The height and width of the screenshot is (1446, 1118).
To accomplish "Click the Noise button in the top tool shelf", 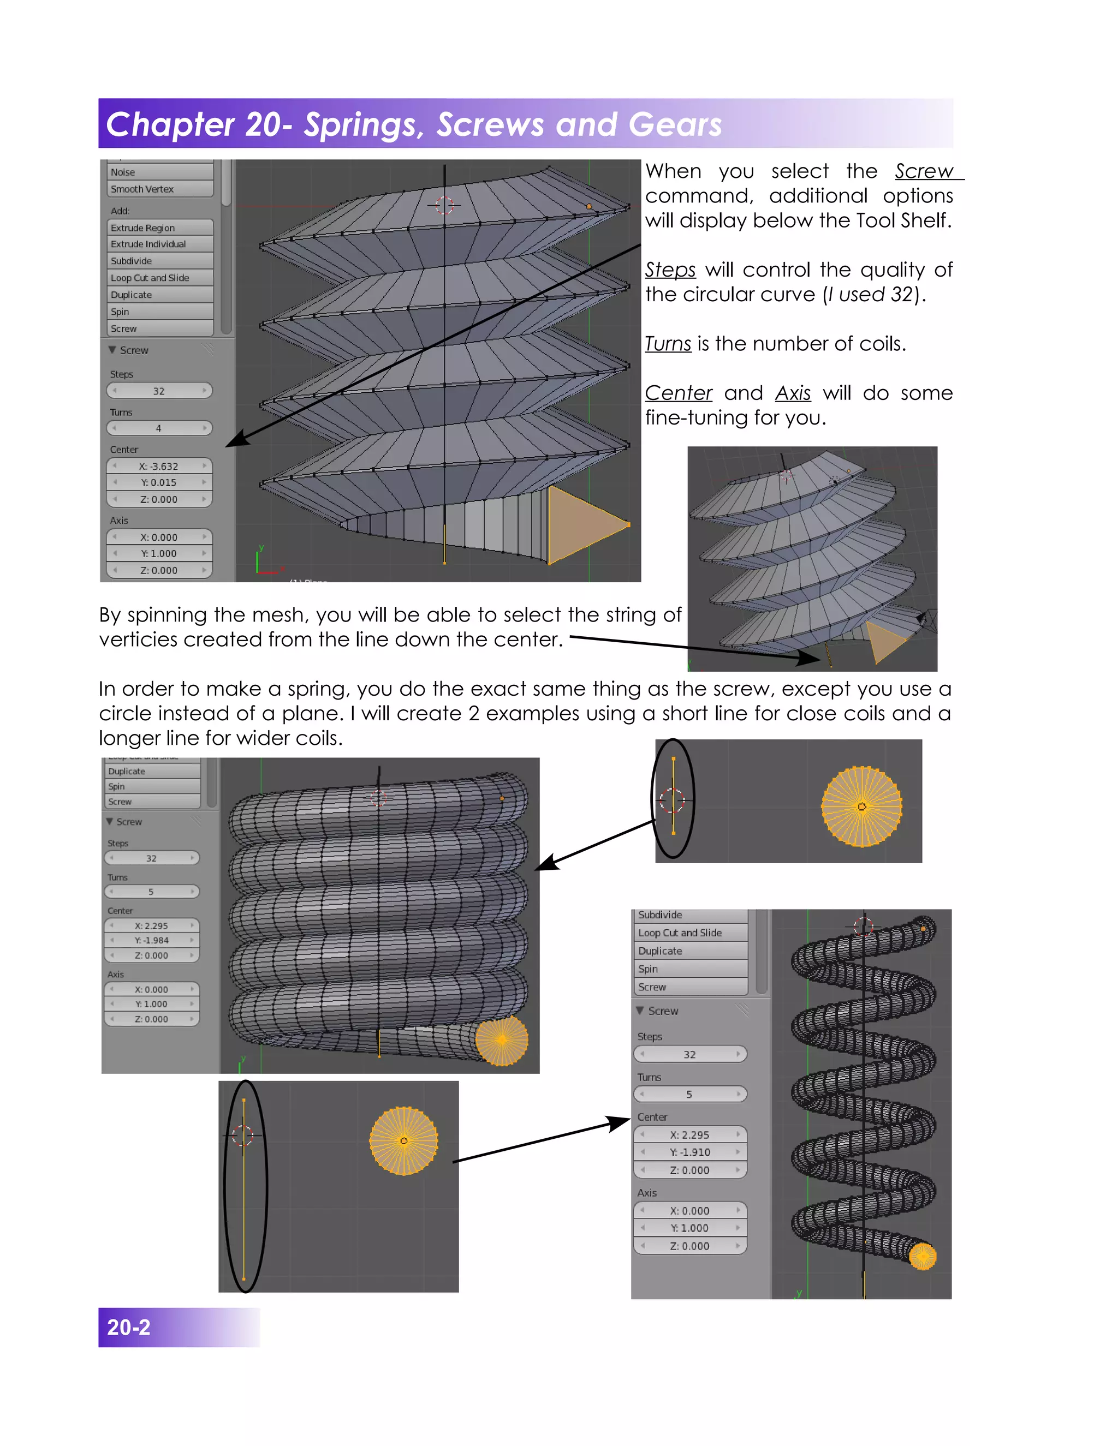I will (159, 172).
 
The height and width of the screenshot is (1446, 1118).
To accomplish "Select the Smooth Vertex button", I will (159, 189).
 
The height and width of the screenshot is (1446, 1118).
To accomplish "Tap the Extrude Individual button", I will (159, 244).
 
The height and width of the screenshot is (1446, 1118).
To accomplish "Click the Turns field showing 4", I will (159, 428).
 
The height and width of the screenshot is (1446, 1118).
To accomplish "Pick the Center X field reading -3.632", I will (159, 466).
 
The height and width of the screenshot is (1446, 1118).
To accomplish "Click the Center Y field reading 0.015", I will (159, 483).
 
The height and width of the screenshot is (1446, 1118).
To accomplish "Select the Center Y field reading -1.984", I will (152, 940).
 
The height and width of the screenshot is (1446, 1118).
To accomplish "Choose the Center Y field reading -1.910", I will (689, 1152).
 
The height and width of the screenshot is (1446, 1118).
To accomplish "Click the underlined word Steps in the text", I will (670, 270).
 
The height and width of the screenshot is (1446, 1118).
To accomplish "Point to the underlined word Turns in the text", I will (668, 344).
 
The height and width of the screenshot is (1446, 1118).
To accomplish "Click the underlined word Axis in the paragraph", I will (793, 393).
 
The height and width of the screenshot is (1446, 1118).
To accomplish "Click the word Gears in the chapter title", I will (675, 125).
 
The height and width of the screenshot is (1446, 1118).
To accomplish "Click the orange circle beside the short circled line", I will (861, 806).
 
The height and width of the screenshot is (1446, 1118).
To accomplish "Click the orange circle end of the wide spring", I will (922, 1256).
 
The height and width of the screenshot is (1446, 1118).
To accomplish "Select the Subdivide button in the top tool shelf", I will (159, 261).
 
